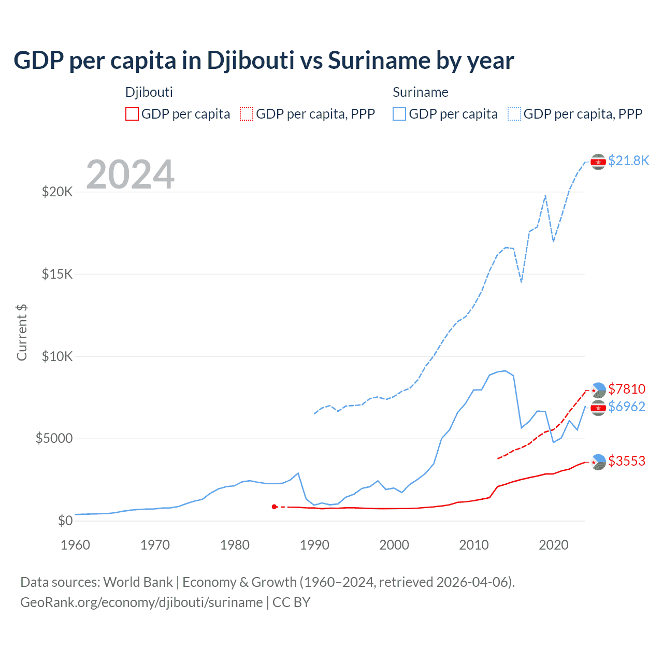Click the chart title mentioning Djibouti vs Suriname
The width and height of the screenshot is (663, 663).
click(x=264, y=61)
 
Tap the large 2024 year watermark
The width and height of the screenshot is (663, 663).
click(x=130, y=175)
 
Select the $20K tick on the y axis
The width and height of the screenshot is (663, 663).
click(x=57, y=192)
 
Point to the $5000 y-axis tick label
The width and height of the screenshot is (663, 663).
click(x=54, y=439)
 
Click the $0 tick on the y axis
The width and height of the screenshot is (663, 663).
click(x=65, y=521)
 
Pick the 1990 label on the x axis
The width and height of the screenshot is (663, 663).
click(x=314, y=545)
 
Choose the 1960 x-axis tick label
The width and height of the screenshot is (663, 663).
click(x=76, y=545)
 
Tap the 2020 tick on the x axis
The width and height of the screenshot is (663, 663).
click(x=554, y=545)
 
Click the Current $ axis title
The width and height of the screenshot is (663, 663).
click(x=22, y=333)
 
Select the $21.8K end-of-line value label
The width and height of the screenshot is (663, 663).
click(x=628, y=161)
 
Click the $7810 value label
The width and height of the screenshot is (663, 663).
click(x=627, y=389)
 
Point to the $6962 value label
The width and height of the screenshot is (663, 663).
click(x=627, y=407)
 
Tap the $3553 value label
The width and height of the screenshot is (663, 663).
click(x=627, y=461)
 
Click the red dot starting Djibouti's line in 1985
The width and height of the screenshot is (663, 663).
click(x=274, y=507)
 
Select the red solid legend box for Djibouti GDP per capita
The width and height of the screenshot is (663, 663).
click(x=132, y=114)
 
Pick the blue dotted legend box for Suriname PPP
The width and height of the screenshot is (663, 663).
click(x=514, y=114)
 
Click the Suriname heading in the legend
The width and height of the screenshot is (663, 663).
click(x=420, y=92)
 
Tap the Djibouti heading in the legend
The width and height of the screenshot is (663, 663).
click(x=149, y=92)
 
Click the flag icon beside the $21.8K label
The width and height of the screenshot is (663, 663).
click(x=598, y=162)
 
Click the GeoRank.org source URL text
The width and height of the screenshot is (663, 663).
click(x=141, y=602)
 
